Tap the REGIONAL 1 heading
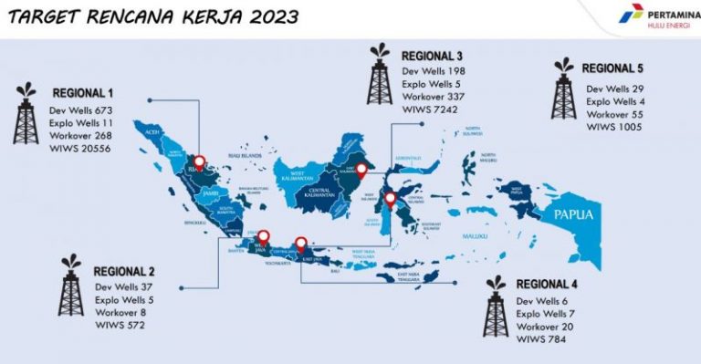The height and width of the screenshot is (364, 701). tap(83, 93)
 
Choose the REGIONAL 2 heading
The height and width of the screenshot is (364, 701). tap(124, 272)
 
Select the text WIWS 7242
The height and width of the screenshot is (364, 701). tap(430, 109)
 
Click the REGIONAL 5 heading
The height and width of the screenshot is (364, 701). tap(612, 68)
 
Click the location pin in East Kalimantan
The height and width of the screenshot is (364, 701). tap(361, 169)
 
